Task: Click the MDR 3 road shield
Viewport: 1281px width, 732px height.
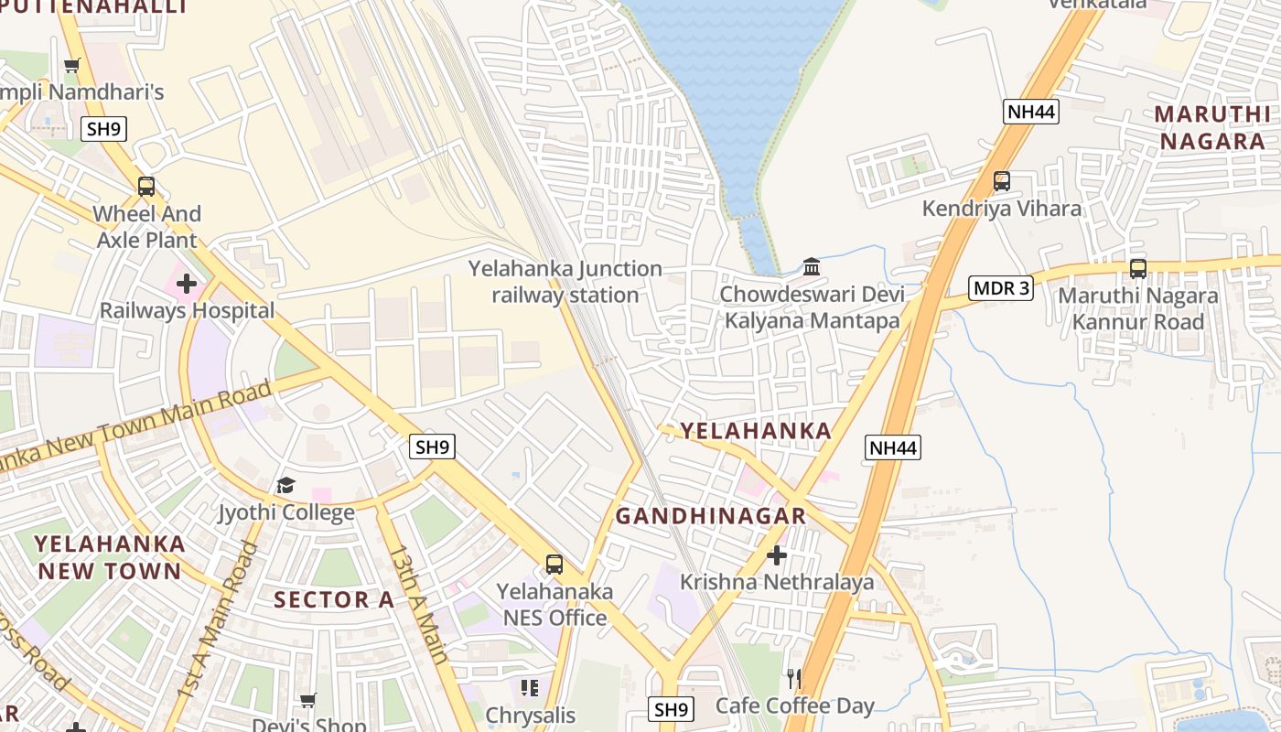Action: pos(1001,288)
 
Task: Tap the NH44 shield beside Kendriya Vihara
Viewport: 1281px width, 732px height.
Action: pos(1030,112)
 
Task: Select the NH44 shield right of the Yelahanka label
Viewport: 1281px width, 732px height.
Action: pos(892,447)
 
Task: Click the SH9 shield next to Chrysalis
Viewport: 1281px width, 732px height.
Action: pos(671,709)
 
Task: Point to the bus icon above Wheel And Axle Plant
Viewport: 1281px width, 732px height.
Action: pos(146,187)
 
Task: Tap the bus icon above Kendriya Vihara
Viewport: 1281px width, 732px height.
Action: pos(1002,181)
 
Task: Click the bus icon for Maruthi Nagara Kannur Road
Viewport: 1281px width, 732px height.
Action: pos(1138,269)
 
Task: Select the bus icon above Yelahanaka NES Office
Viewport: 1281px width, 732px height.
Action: pos(554,565)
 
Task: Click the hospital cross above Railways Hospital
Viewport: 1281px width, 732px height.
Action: pos(187,284)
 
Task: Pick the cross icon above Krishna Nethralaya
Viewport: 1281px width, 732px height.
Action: pos(776,554)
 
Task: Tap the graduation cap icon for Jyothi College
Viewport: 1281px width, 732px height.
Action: pos(286,485)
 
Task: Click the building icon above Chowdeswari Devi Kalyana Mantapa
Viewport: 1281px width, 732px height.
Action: pos(812,267)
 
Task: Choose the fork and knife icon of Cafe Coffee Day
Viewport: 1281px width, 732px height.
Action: pos(794,678)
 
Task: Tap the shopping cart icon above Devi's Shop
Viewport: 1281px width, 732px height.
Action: pos(308,700)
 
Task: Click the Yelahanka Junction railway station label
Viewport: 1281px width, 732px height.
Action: pos(565,282)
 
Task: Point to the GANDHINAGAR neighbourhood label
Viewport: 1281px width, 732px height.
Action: pos(710,516)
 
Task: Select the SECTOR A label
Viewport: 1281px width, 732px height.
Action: pos(334,600)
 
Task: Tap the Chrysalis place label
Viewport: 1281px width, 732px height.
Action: pos(531,715)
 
